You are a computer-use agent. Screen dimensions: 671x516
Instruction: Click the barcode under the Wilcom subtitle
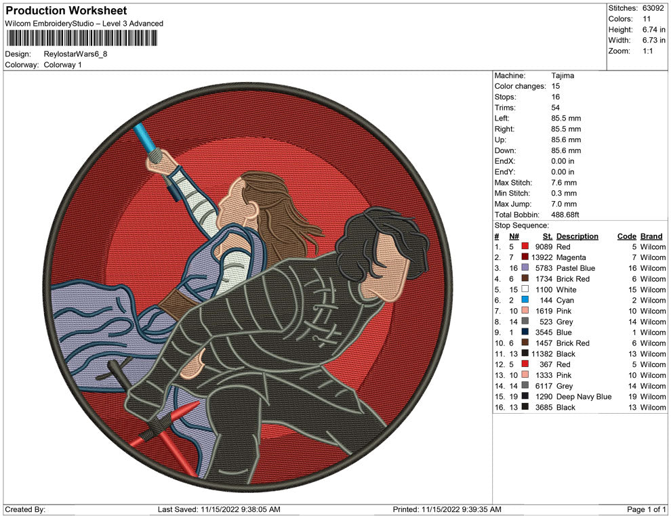[x=81, y=39]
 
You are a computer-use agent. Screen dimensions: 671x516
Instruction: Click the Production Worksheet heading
[x=66, y=11]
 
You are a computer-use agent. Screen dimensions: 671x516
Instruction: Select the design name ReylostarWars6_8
[x=75, y=54]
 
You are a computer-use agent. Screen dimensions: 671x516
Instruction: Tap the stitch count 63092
[x=653, y=8]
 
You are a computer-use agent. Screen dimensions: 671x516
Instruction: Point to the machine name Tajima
[x=563, y=76]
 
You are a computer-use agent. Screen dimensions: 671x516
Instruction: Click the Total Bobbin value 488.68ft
[x=565, y=215]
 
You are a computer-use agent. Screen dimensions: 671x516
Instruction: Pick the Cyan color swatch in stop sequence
[x=525, y=300]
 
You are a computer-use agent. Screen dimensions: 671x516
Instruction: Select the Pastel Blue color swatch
[x=525, y=267]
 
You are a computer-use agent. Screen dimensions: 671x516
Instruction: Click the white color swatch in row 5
[x=525, y=289]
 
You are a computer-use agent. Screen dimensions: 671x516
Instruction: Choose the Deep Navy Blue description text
[x=584, y=397]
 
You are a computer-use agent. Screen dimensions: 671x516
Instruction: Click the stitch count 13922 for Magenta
[x=542, y=257]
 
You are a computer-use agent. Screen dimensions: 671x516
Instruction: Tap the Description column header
[x=577, y=236]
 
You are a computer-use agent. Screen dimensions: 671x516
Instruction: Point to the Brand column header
[x=651, y=236]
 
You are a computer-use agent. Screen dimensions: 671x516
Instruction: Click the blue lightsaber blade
[x=144, y=137]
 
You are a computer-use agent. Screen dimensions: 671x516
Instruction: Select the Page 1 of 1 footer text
[x=646, y=509]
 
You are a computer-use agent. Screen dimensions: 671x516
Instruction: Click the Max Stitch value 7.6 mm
[x=564, y=183]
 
